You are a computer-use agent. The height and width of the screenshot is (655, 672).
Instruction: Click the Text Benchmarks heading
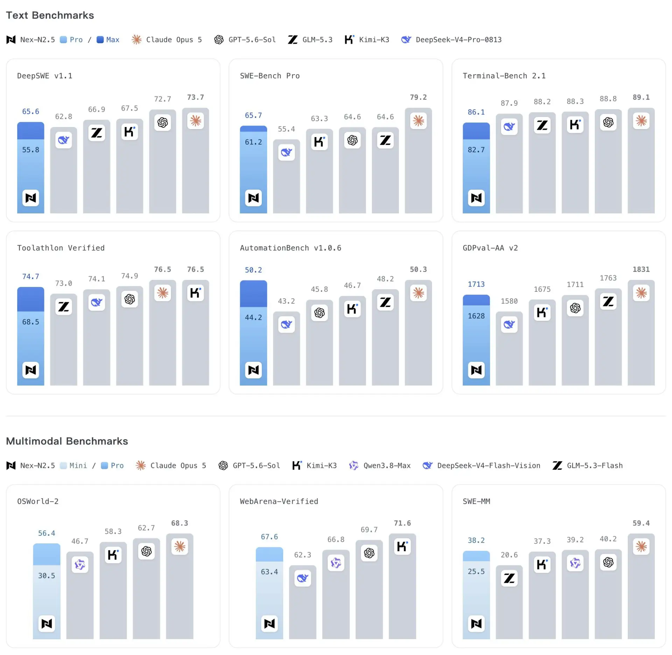tap(50, 15)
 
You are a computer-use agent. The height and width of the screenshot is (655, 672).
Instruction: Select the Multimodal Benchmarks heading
tap(67, 441)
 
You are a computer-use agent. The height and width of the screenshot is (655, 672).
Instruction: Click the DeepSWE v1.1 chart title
tap(45, 76)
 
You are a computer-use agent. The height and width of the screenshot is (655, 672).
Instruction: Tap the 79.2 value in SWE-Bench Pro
tap(418, 97)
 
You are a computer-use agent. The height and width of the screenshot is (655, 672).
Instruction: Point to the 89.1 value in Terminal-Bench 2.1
tap(641, 97)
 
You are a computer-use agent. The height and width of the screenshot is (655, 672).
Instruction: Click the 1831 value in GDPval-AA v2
tap(641, 269)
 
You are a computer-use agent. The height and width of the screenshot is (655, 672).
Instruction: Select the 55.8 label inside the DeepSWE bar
tap(31, 150)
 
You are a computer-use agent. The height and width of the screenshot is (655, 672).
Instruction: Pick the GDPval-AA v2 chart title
tap(490, 248)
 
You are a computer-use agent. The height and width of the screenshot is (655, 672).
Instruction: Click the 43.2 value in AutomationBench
tap(286, 301)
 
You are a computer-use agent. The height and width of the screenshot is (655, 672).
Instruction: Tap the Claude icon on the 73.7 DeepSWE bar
tap(196, 121)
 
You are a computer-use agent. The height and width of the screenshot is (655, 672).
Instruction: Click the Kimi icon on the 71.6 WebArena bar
tap(402, 547)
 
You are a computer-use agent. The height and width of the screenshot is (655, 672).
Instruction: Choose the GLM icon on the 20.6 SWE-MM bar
tap(509, 578)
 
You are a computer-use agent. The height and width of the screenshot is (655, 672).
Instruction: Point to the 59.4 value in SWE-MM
tap(641, 523)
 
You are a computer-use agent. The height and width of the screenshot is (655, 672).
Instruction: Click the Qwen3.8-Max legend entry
tap(380, 466)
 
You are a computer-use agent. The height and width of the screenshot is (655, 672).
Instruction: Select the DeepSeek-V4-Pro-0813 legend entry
tap(451, 40)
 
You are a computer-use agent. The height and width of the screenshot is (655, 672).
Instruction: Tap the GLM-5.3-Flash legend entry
tap(588, 466)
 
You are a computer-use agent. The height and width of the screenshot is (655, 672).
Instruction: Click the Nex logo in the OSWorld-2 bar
tap(47, 624)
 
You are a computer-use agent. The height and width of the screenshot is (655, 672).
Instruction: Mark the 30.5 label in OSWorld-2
tap(47, 576)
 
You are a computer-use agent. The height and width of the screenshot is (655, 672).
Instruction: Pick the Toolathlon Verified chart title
tap(61, 248)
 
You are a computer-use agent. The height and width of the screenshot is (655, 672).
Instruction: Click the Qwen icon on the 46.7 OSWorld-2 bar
tap(80, 564)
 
